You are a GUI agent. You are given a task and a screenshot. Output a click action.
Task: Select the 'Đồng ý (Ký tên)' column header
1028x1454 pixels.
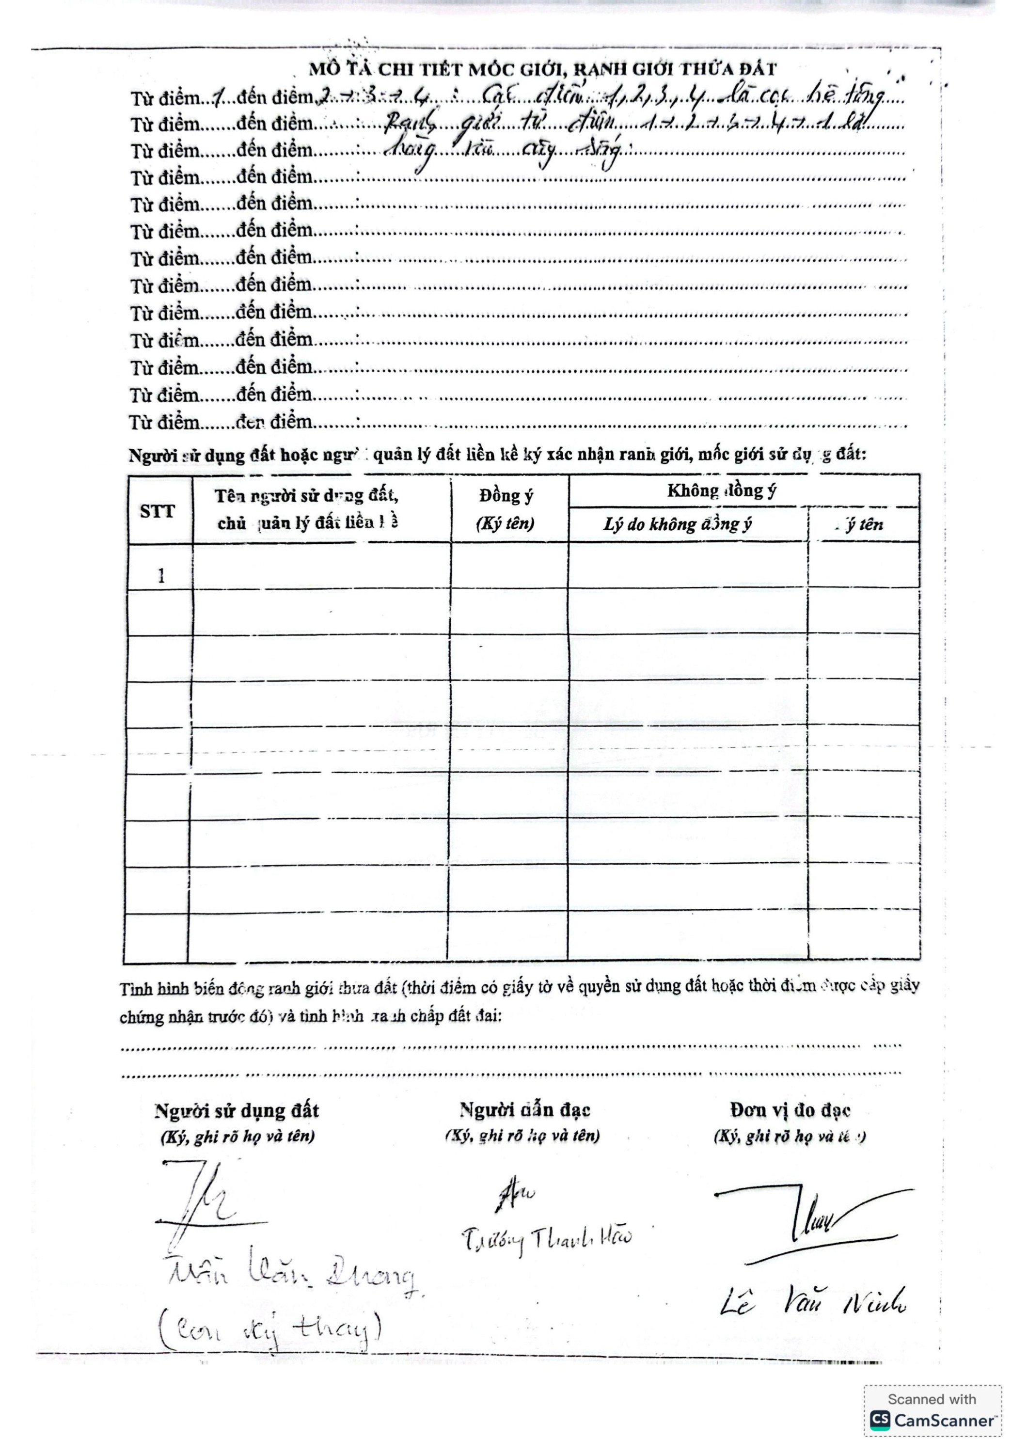click(506, 509)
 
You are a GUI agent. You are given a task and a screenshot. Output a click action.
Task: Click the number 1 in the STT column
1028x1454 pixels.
click(161, 576)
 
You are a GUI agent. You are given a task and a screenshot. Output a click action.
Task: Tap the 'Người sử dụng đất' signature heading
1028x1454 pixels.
click(237, 1110)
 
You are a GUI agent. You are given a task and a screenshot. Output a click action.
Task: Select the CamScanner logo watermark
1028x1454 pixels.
click(933, 1422)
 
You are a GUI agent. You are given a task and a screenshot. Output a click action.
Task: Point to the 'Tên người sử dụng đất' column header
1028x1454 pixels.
click(307, 509)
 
